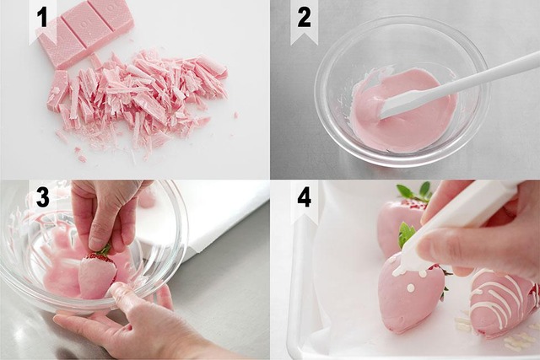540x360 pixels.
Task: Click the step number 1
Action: pos(41,17)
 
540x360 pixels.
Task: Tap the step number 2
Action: pos(304,17)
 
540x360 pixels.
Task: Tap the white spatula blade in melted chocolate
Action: pos(399,104)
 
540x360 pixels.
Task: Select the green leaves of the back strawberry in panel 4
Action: pos(415,191)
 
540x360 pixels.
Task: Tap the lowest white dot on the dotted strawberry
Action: pos(410,287)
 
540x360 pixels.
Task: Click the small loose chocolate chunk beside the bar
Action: pos(59,90)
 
